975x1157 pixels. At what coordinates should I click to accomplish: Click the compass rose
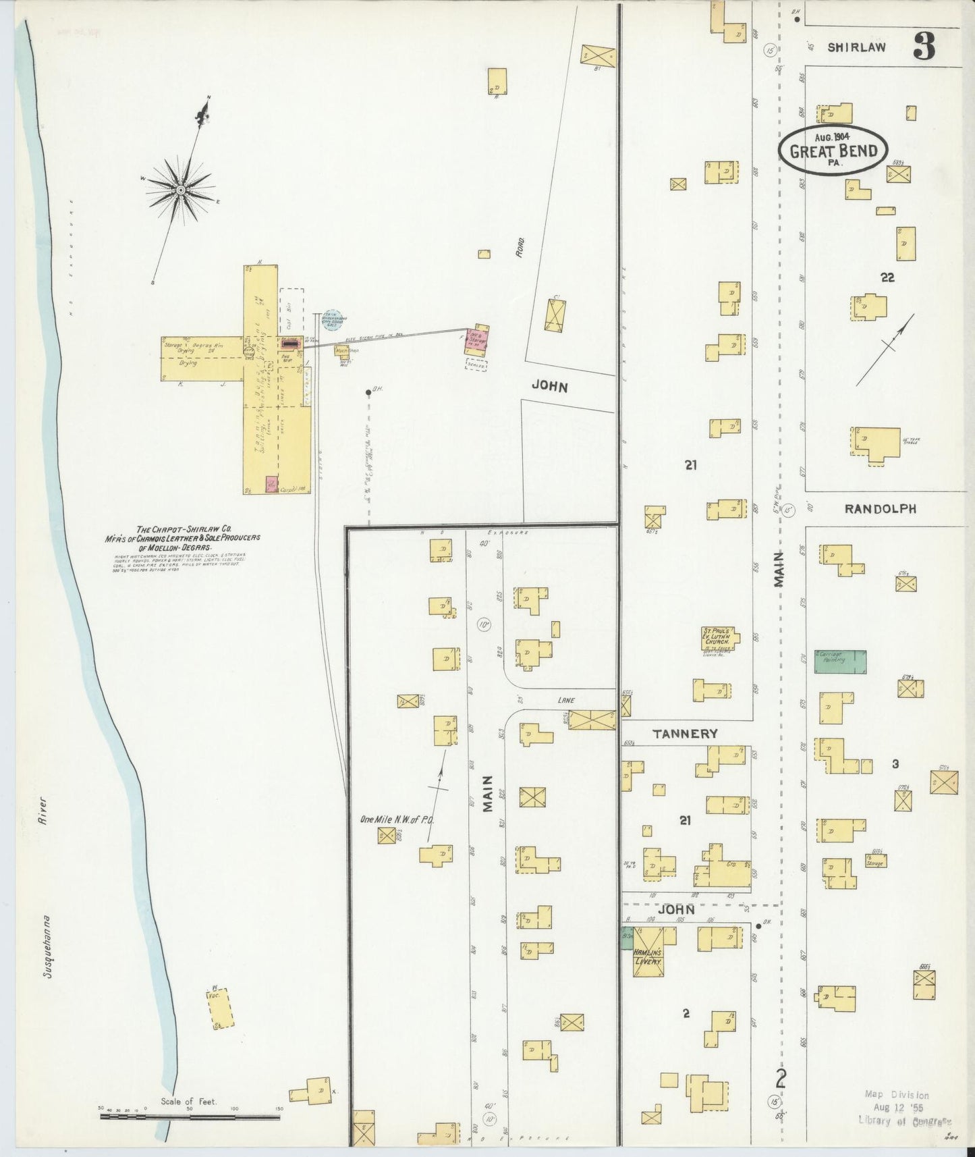(181, 190)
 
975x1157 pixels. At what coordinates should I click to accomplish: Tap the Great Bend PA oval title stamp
(833, 150)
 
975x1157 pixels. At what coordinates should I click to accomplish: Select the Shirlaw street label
(856, 47)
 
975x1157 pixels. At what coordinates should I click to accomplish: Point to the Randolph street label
(880, 509)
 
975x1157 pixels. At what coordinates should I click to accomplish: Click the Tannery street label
(684, 733)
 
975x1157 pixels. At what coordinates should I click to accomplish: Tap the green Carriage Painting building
(840, 661)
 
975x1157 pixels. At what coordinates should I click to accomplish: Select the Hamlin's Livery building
(648, 952)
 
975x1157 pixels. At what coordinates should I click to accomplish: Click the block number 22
(887, 277)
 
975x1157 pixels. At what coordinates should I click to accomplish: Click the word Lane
(565, 700)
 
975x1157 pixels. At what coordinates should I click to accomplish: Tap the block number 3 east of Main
(895, 764)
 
